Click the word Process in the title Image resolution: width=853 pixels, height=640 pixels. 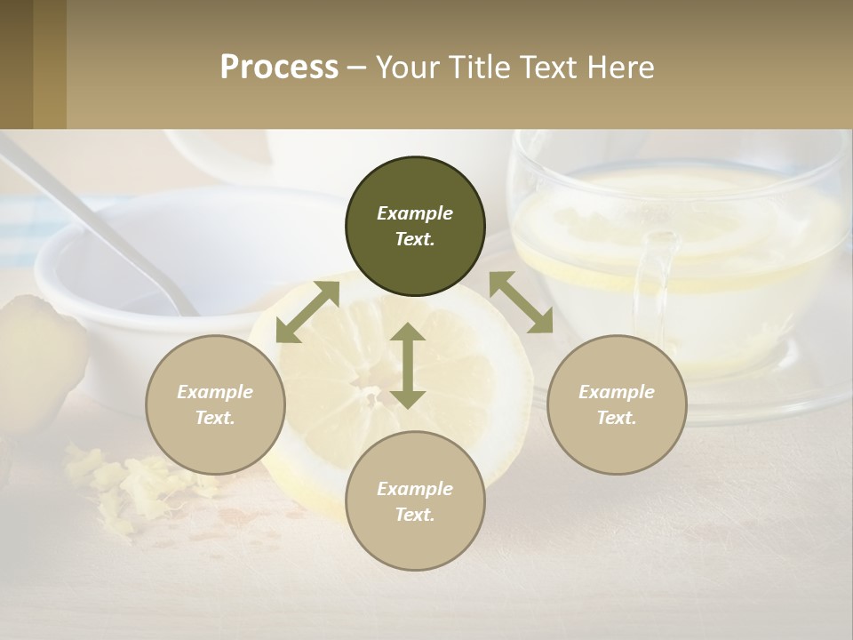tap(279, 68)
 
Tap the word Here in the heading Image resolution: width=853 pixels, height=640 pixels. tap(616, 68)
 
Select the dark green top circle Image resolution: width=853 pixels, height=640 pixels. tap(415, 227)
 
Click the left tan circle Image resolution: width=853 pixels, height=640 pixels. tap(215, 404)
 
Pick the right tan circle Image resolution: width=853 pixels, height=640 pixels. tap(617, 404)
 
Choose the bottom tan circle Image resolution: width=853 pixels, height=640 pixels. tap(415, 501)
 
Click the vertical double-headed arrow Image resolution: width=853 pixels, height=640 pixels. tap(408, 365)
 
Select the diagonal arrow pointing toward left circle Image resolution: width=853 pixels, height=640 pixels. tap(307, 312)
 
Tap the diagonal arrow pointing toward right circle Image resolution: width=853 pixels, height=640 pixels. tap(522, 303)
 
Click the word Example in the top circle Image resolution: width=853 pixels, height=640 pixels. tap(415, 213)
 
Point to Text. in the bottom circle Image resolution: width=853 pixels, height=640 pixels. tap(415, 515)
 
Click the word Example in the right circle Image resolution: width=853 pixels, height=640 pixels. tap(617, 392)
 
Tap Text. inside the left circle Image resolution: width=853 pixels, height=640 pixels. tap(215, 418)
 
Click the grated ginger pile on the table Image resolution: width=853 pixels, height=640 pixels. tap(133, 484)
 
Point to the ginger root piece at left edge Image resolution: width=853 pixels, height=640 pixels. tap(36, 356)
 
